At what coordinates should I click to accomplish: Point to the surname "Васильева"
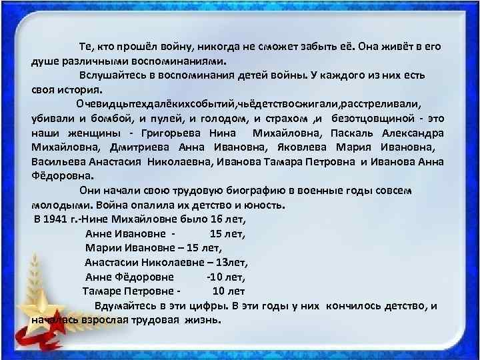[x=57, y=161]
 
